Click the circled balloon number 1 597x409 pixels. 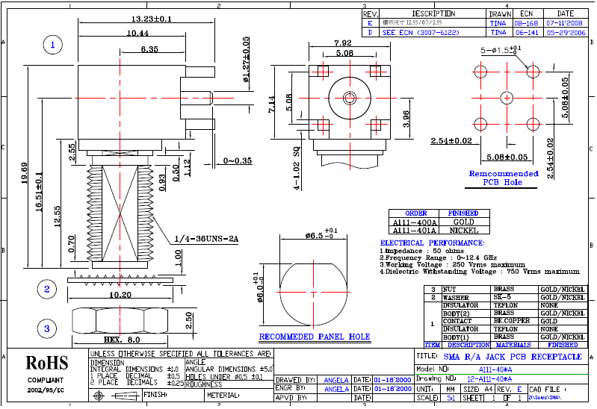click(52, 46)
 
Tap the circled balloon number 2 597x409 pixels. click(46, 289)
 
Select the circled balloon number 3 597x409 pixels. click(46, 328)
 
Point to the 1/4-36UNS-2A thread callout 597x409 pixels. click(205, 239)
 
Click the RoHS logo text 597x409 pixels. click(46, 363)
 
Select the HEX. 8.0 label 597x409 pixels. click(123, 340)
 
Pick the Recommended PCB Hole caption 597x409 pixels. click(503, 178)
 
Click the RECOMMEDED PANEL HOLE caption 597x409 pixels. click(314, 337)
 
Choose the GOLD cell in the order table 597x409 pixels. click(463, 222)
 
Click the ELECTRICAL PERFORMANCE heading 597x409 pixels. click(433, 243)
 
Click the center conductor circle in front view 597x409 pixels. click(349, 98)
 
